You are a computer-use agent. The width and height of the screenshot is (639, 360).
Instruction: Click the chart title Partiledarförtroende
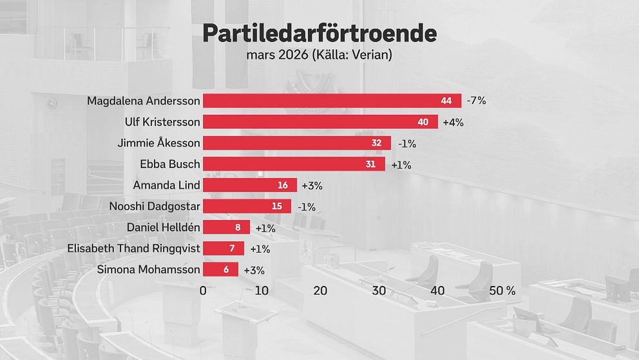tap(319, 34)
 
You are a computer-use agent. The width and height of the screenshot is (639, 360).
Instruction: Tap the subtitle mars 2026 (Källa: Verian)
tap(319, 54)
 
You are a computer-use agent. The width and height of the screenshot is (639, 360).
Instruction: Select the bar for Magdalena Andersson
tap(332, 101)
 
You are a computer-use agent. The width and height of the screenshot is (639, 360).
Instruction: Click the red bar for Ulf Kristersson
tap(320, 122)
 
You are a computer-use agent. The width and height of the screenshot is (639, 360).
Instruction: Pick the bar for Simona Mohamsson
tap(220, 270)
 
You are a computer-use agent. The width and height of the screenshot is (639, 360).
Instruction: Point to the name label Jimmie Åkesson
tap(158, 143)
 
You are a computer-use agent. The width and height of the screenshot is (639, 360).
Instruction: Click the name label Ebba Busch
tap(170, 164)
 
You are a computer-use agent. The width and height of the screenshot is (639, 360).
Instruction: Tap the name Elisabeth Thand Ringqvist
tap(134, 248)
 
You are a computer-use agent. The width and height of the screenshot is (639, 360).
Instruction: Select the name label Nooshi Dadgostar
tap(155, 206)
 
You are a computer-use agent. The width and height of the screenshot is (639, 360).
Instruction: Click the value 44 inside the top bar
tap(446, 101)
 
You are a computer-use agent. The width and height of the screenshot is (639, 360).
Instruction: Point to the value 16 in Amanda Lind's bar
tap(283, 185)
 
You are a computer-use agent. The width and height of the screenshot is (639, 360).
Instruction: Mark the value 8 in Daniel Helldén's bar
tap(238, 227)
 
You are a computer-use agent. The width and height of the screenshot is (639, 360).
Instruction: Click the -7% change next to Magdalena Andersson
tap(477, 101)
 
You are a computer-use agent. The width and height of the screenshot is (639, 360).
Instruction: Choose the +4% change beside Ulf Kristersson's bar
tap(453, 122)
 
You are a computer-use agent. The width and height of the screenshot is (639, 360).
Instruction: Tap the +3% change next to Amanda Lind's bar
tap(312, 186)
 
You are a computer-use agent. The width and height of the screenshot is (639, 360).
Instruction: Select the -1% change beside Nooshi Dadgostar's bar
tap(307, 207)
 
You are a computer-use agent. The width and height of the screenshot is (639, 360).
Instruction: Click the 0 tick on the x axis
tap(203, 290)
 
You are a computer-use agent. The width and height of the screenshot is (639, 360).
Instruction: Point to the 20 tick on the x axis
tap(320, 290)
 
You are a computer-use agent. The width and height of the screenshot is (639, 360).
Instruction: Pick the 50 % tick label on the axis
tap(502, 290)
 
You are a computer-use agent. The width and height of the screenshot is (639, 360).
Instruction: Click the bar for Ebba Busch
tap(294, 164)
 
